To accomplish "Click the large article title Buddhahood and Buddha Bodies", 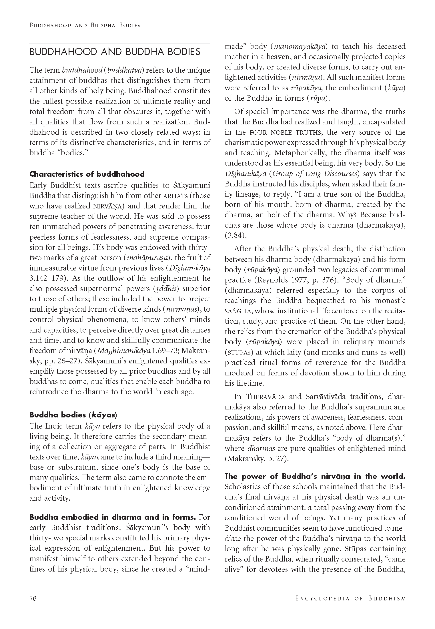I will coord(115,52).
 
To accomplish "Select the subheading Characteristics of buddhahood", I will coord(87,174).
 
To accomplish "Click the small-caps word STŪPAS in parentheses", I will coord(239,353).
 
